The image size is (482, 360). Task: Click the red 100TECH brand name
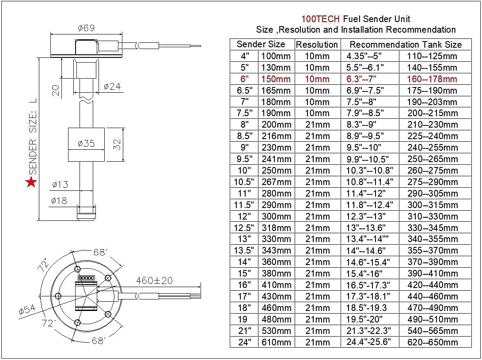[x=321, y=19]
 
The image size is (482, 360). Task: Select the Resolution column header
[x=317, y=45]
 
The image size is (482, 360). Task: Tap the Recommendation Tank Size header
[x=406, y=45]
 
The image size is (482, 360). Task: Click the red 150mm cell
[x=276, y=79]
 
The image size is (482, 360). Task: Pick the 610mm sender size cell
[x=276, y=342]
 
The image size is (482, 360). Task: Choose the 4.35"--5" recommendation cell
[x=365, y=56]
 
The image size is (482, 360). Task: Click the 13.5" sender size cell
[x=245, y=250]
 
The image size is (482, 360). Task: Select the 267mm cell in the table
[x=276, y=182]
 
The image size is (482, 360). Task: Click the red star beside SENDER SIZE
[x=31, y=182]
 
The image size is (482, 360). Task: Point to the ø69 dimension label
[x=86, y=28]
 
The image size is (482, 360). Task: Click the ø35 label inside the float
[x=86, y=144]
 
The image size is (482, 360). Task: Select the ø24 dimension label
[x=112, y=87]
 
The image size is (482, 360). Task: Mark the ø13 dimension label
[x=60, y=185]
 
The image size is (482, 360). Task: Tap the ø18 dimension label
[x=59, y=201]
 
